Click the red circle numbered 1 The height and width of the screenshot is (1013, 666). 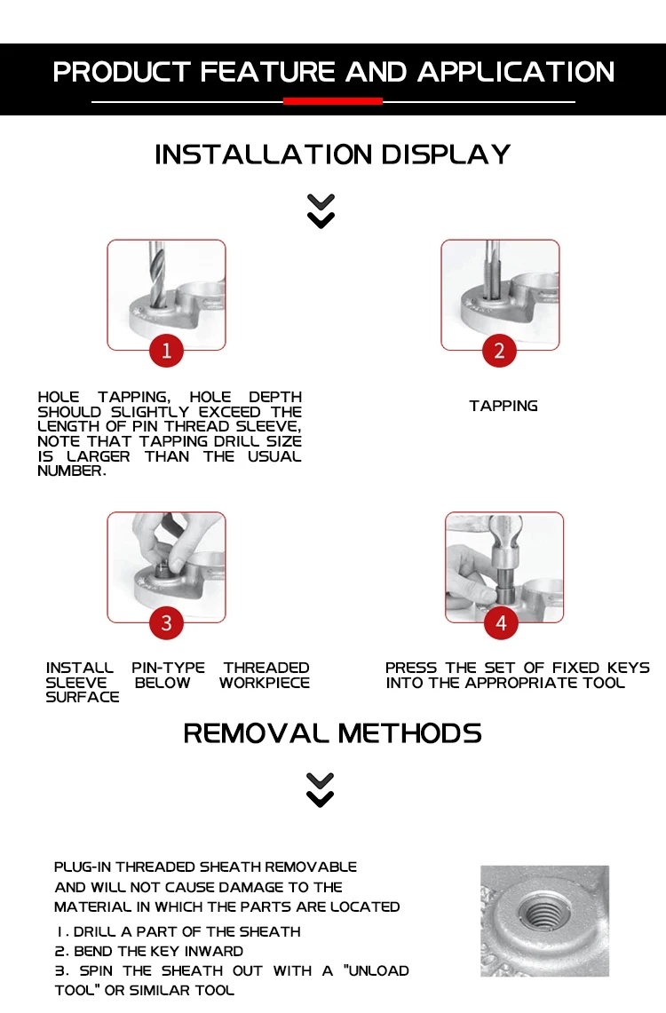coord(166,350)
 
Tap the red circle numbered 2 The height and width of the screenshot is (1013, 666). coord(499,350)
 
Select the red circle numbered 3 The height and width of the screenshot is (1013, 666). coord(166,622)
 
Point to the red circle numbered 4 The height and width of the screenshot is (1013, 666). coord(501,622)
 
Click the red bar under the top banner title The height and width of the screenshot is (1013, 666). coord(333,101)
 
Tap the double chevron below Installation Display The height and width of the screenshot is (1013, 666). coord(321,211)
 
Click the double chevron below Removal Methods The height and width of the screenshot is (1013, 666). coord(321,790)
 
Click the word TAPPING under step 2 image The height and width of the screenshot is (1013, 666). coord(503,406)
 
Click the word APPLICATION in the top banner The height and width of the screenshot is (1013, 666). coord(516,72)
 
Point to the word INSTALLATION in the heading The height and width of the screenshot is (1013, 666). coord(264,154)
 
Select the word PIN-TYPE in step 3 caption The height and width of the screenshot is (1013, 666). coord(168,668)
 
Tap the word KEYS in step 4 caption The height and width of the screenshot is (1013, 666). coord(628,668)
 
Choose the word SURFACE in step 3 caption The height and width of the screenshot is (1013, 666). coord(83,697)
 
